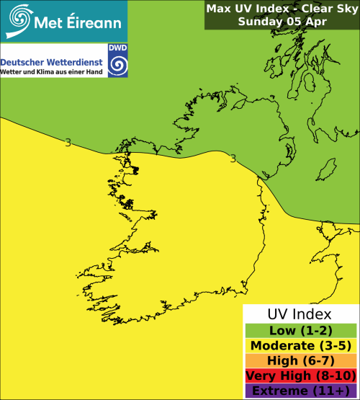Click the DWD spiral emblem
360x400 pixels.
point(116,66)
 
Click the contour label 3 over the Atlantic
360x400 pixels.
point(68,143)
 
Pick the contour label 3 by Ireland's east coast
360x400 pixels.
point(233,158)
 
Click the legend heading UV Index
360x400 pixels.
point(300,315)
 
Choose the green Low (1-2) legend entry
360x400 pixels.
point(300,330)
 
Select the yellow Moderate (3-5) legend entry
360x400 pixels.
point(300,345)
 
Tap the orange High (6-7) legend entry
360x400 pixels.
point(300,360)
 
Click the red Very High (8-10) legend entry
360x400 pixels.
point(300,375)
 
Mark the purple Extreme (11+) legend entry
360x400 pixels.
point(300,391)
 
